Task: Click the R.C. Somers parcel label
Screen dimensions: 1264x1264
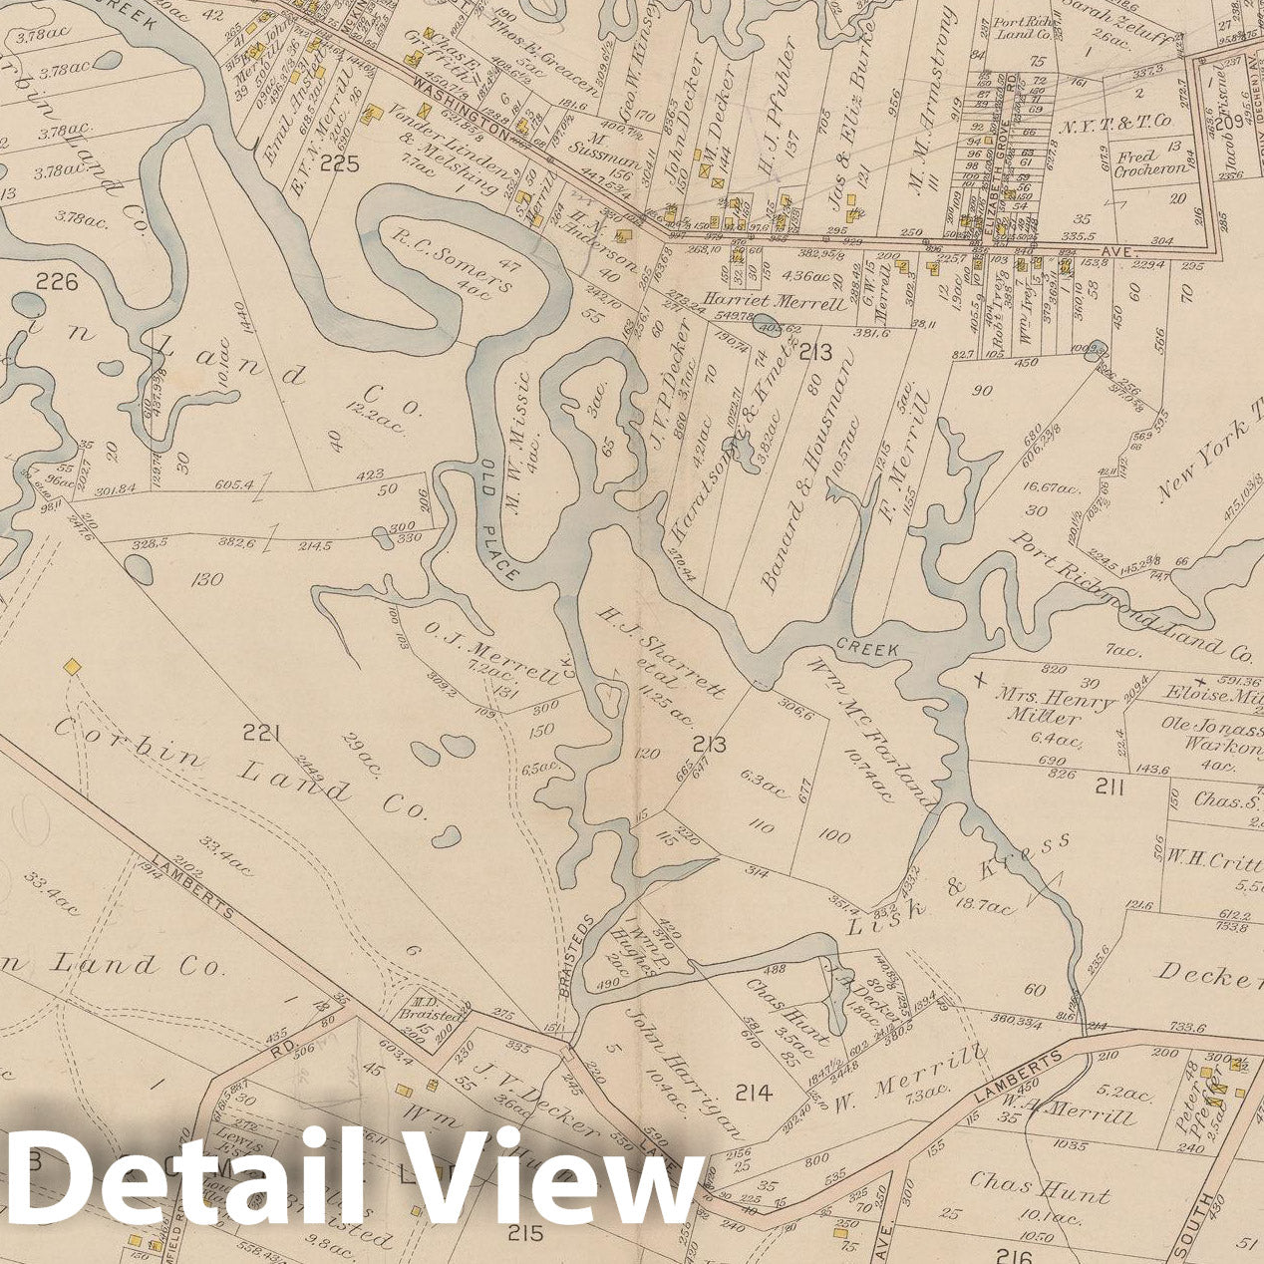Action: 452,262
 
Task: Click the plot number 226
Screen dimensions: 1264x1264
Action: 56,283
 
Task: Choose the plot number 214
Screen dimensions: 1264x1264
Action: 754,1094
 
